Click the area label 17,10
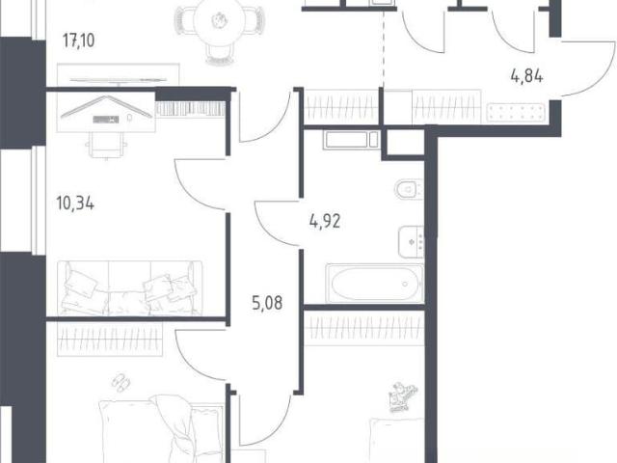click(x=79, y=41)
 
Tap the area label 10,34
click(x=75, y=204)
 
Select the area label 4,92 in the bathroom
click(x=325, y=221)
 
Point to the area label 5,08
click(x=267, y=303)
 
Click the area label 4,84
click(x=527, y=75)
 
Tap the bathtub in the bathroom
click(x=375, y=283)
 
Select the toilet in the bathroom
click(x=409, y=189)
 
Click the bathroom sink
click(x=411, y=242)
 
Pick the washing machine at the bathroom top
click(x=352, y=140)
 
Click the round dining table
click(x=219, y=21)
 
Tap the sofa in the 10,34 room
click(x=130, y=287)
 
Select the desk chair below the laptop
click(x=106, y=145)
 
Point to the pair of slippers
click(x=121, y=382)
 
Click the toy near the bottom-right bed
click(x=403, y=396)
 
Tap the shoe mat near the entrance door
click(x=516, y=112)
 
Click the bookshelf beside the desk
click(x=191, y=109)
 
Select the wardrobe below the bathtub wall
click(x=364, y=328)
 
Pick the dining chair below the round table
click(x=221, y=54)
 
